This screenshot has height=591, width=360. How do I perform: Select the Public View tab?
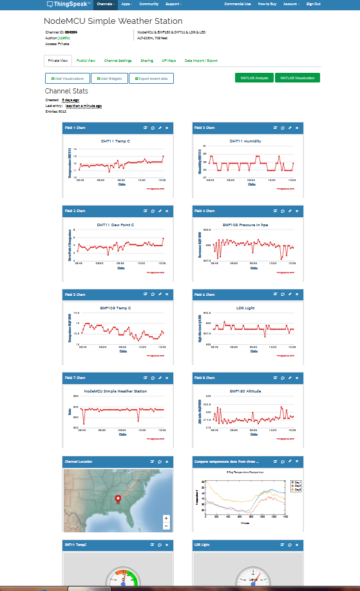pyautogui.click(x=86, y=61)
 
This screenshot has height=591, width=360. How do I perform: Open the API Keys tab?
pyautogui.click(x=168, y=61)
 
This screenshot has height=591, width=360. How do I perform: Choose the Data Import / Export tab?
pyautogui.click(x=201, y=61)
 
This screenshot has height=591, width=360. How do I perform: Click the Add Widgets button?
pyautogui.click(x=109, y=78)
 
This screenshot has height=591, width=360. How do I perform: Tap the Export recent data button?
pyautogui.click(x=151, y=78)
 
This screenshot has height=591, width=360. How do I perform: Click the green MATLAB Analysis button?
pyautogui.click(x=254, y=78)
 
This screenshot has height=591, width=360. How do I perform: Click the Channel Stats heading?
pyautogui.click(x=66, y=92)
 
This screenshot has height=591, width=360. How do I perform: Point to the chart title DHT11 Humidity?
pyautogui.click(x=245, y=140)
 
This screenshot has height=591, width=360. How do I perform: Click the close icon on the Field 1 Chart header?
pyautogui.click(x=167, y=128)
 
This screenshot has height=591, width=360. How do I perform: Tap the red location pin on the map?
pyautogui.click(x=117, y=498)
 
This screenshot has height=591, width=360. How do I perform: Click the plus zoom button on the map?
pyautogui.click(x=166, y=518)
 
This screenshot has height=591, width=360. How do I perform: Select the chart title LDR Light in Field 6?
pyautogui.click(x=245, y=308)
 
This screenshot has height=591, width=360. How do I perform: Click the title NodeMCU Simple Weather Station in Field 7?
pyautogui.click(x=115, y=391)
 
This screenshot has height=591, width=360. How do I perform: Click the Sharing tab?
pyautogui.click(x=147, y=61)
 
